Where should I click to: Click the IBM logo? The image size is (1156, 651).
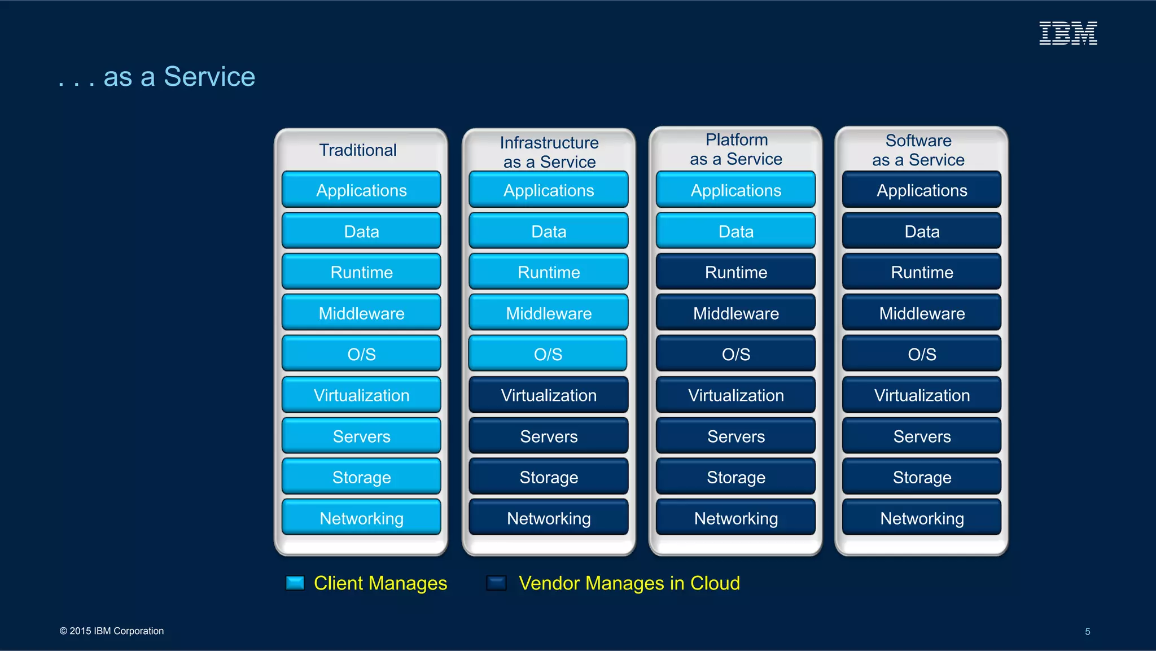click(x=1068, y=33)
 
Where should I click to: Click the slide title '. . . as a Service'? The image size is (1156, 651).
click(x=157, y=77)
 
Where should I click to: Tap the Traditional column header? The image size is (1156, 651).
click(x=358, y=150)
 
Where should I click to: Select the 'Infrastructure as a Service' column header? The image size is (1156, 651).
click(x=549, y=152)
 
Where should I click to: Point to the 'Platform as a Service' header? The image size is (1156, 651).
click(x=736, y=150)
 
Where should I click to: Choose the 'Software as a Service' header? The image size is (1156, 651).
click(x=918, y=150)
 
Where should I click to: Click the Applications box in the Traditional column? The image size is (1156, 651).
click(x=361, y=190)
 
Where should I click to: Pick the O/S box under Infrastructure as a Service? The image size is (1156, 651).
click(x=548, y=354)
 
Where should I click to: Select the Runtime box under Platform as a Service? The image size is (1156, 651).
click(x=735, y=272)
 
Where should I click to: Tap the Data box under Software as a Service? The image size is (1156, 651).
click(x=922, y=231)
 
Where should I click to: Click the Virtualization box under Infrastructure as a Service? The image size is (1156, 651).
click(x=549, y=395)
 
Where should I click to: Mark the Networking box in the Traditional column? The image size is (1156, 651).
click(x=361, y=518)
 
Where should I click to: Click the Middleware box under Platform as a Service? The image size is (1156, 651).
click(x=735, y=313)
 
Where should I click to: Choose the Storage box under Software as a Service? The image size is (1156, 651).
click(x=922, y=477)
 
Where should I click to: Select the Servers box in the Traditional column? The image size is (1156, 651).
click(x=361, y=436)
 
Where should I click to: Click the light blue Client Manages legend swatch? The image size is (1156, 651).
click(x=295, y=583)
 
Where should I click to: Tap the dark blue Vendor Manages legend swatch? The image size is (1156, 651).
click(x=496, y=583)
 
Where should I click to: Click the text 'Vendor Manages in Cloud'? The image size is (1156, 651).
click(x=629, y=583)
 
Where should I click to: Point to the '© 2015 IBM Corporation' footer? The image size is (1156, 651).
click(x=112, y=631)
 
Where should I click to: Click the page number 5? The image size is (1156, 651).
click(x=1087, y=631)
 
